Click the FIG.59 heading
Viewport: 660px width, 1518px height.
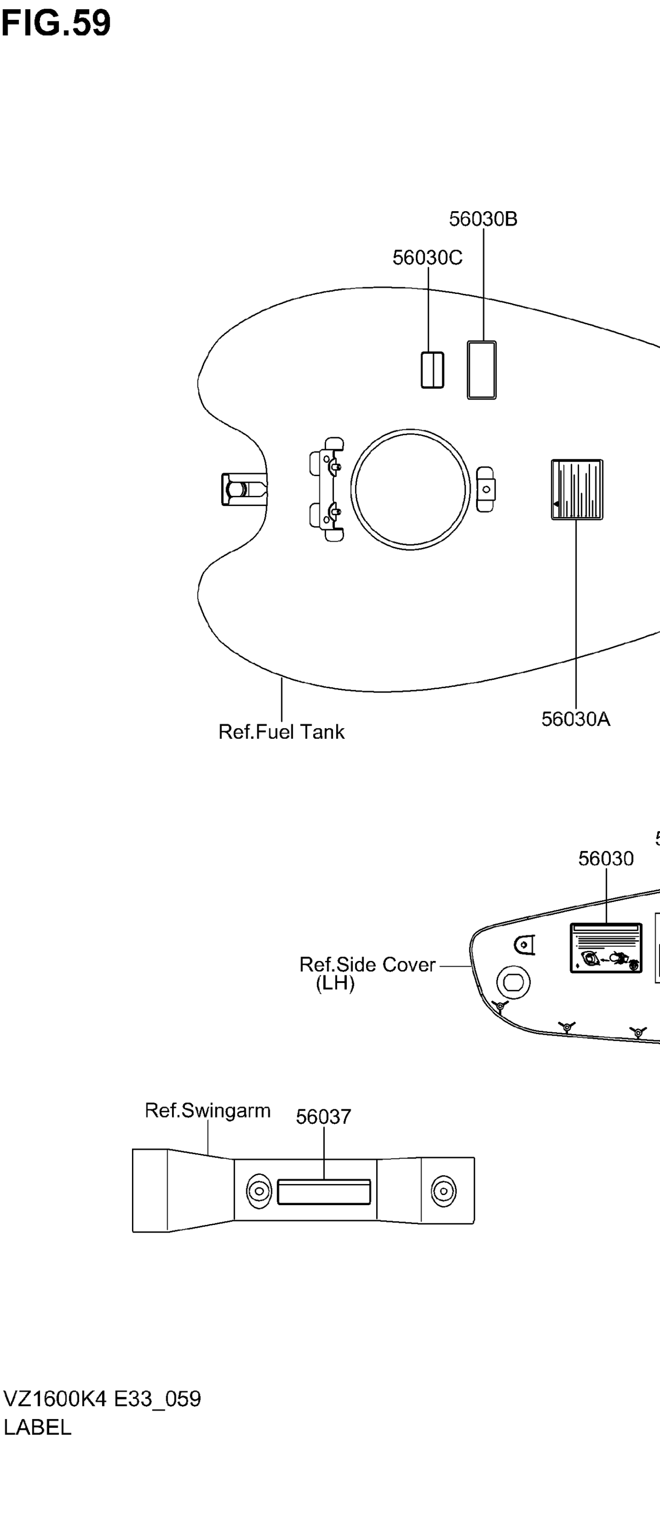56,24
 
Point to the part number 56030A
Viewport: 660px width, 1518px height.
576,719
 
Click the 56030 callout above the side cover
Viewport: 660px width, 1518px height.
606,859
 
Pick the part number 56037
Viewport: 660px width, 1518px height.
323,1117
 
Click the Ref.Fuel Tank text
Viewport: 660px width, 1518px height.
282,732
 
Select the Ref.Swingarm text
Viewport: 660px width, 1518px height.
207,1110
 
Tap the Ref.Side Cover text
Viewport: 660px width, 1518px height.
367,965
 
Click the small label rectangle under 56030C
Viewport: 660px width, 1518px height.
432,370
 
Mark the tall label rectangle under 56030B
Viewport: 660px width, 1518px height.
481,370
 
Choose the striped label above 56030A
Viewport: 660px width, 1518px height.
577,490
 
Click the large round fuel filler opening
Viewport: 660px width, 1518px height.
411,489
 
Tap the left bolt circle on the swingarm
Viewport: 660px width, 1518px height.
258,1191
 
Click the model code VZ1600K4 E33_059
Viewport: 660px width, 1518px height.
102,1398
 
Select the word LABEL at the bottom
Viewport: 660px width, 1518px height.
37,1427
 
